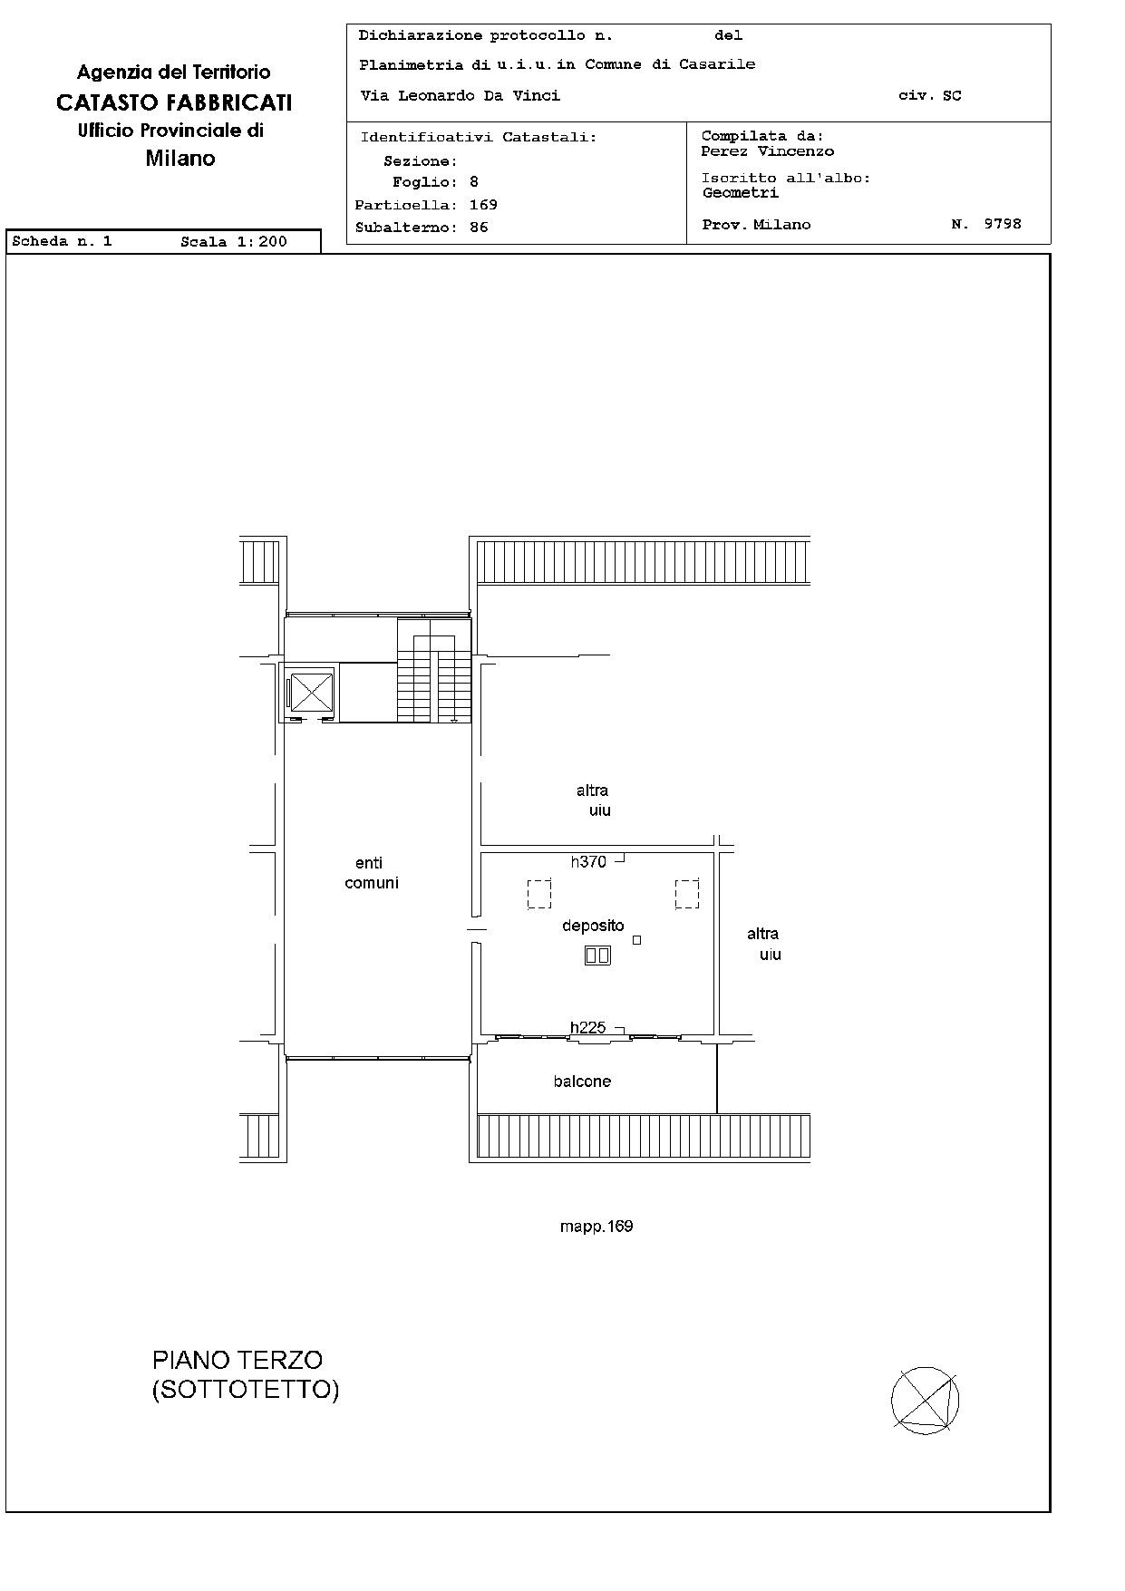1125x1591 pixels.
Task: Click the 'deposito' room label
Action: tap(593, 926)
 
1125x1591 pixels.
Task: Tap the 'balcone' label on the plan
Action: tap(582, 1082)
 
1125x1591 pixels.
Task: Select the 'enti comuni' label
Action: tap(372, 873)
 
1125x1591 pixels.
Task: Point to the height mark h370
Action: tap(588, 862)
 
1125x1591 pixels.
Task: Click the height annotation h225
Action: tap(587, 1028)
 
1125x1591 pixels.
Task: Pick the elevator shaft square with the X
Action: tap(311, 694)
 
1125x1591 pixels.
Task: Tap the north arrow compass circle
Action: tap(925, 1401)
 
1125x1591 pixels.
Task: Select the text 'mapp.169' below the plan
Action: tap(596, 1227)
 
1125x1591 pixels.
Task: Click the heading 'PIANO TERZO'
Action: tap(238, 1360)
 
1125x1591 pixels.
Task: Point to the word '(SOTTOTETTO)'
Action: tap(246, 1390)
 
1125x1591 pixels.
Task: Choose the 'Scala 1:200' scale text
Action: tap(234, 242)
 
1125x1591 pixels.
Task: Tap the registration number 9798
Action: tap(1003, 223)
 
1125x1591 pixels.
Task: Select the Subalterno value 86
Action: tap(479, 228)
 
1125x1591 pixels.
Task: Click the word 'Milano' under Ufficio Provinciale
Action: tap(180, 159)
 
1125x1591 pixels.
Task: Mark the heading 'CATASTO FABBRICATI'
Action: tap(174, 102)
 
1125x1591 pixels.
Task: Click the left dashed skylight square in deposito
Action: tap(539, 894)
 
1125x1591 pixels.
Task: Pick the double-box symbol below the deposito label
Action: tap(597, 955)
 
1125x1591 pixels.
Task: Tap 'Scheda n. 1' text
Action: tap(63, 242)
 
